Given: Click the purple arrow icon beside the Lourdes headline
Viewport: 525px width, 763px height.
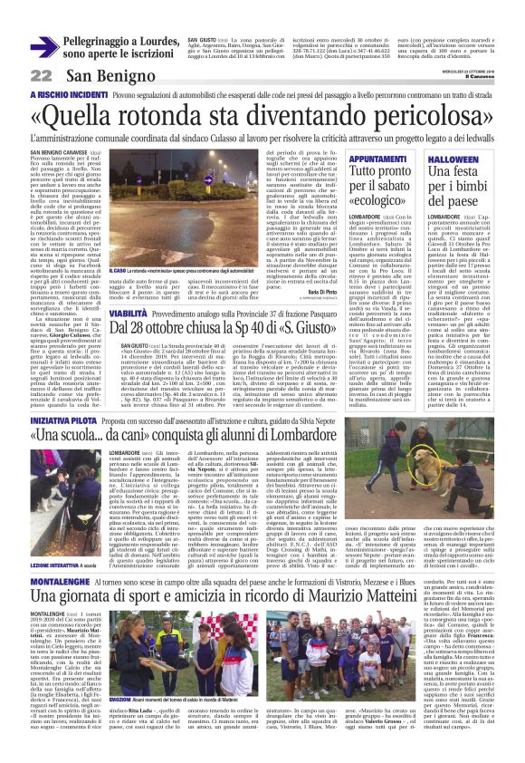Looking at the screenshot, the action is point(43,47).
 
